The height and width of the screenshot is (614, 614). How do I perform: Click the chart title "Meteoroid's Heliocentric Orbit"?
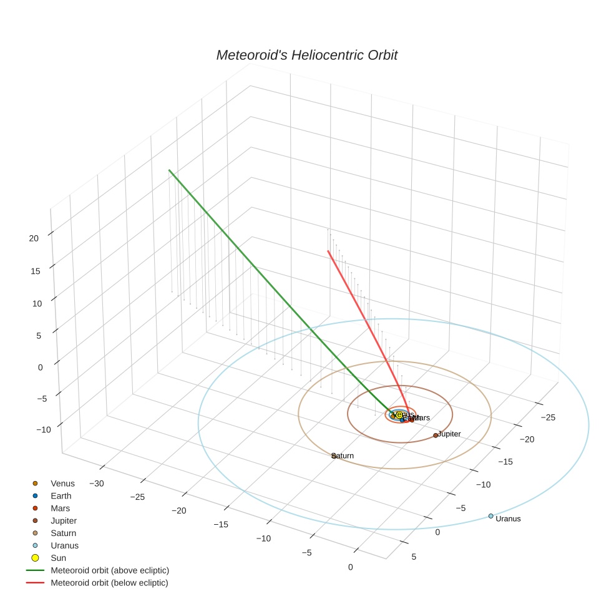306,56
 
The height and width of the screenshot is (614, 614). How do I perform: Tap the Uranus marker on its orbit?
490,516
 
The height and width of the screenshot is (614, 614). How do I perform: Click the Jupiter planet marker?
436,435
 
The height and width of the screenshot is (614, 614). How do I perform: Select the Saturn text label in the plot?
343,456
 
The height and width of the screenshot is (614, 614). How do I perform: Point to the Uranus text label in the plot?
508,519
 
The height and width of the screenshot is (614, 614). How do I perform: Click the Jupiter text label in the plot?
449,434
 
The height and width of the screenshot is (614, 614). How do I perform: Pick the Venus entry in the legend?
62,484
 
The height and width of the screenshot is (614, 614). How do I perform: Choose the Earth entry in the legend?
61,496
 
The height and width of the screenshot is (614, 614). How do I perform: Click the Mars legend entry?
61,509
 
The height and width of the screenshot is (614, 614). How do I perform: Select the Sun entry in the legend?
59,558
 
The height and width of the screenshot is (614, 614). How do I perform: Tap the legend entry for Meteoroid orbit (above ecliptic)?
110,570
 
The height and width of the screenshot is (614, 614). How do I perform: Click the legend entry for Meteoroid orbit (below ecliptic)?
109,583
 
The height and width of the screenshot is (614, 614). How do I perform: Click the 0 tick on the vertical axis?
40,368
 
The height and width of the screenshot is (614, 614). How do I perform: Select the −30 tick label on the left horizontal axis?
97,484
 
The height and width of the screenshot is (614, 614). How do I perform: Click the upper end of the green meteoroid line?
169,170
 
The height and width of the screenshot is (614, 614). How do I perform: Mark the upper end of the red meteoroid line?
328,251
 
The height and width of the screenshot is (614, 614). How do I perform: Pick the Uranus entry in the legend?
64,545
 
